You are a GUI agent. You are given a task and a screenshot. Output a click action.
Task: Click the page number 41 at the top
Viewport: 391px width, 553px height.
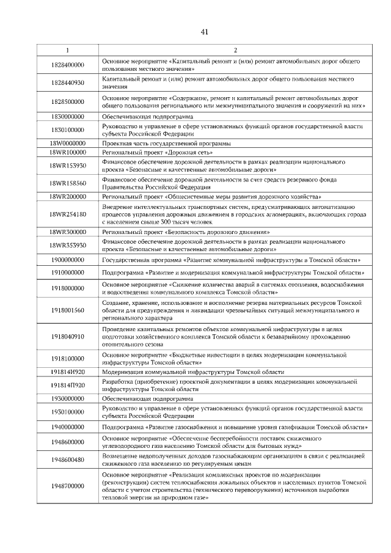[x=204, y=32]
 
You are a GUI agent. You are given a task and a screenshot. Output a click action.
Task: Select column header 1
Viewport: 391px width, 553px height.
[x=67, y=50]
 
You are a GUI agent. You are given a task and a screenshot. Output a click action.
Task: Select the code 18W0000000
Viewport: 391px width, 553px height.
[x=67, y=143]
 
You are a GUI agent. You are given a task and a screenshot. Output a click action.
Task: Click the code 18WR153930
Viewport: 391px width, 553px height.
[x=67, y=166]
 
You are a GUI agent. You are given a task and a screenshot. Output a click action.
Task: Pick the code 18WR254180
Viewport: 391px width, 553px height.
[x=67, y=214]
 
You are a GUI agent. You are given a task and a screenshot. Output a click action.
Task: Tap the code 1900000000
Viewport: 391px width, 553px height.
[x=67, y=259]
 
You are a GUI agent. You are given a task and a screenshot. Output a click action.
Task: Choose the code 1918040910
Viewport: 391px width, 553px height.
[x=67, y=336]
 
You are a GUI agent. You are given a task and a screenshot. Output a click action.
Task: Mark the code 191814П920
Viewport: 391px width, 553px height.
[x=67, y=386]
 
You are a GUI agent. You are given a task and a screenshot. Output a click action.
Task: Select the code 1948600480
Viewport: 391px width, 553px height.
[x=67, y=460]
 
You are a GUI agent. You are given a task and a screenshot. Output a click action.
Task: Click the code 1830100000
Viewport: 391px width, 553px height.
[x=67, y=130]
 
